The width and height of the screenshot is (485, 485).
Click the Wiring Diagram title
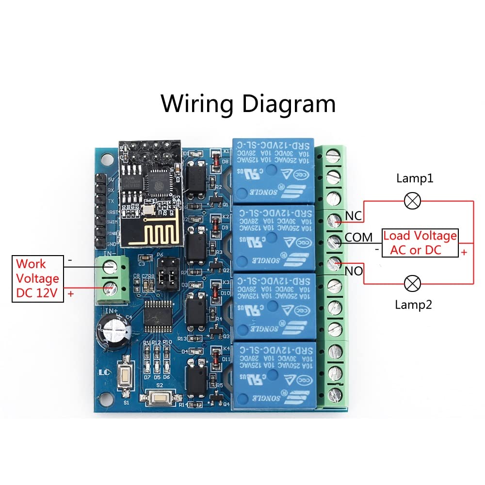(x=248, y=103)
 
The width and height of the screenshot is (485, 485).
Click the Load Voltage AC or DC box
(x=420, y=243)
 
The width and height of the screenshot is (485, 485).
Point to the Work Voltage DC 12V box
(x=37, y=279)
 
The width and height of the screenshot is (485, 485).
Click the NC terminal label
(x=354, y=215)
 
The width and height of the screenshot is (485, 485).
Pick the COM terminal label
(x=358, y=237)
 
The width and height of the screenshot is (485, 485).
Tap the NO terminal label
(x=354, y=271)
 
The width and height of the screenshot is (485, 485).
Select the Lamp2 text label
(x=413, y=305)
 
